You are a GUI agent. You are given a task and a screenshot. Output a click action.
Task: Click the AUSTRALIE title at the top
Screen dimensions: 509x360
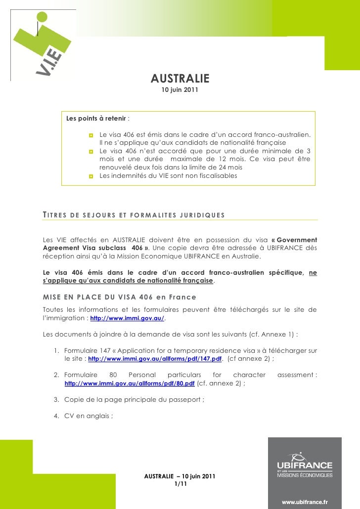180,79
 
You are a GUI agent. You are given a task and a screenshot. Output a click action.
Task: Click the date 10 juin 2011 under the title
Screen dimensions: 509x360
180,91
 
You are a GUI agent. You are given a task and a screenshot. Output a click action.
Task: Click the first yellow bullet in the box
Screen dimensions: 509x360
91,135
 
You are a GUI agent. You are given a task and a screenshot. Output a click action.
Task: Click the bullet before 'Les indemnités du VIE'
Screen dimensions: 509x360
91,177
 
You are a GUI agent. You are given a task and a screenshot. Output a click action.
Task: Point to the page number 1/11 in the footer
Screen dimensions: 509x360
180,484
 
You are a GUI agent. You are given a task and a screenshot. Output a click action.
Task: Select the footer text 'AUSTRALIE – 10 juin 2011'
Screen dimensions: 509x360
180,476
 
